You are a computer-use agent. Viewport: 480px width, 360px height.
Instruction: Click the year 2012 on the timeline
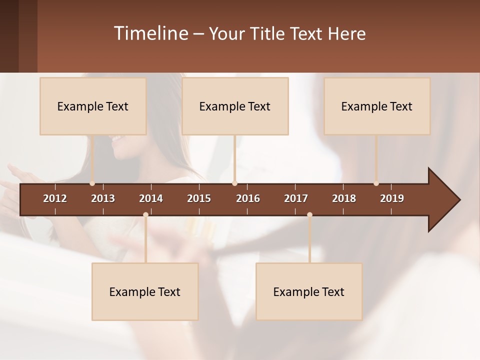55,198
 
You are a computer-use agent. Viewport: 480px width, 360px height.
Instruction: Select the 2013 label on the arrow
103,198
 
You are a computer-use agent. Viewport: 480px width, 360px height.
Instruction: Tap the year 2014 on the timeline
151,198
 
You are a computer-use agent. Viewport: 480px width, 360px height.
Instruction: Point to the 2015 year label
199,198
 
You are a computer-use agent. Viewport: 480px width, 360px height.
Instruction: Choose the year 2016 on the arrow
248,198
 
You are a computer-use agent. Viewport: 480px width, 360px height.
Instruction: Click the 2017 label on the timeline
296,198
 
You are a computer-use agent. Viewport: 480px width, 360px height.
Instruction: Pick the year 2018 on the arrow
344,198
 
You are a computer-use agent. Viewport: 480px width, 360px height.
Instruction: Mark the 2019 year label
392,198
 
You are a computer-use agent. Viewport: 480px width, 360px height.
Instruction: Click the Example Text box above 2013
93,106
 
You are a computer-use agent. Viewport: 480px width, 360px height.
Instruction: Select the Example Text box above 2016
235,106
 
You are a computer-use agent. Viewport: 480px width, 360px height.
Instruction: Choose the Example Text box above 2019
377,106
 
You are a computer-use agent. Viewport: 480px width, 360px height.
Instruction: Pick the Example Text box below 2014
145,291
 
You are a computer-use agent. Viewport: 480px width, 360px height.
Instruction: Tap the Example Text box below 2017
309,291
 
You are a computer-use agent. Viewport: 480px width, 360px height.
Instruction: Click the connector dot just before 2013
92,183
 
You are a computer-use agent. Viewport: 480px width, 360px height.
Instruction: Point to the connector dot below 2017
309,215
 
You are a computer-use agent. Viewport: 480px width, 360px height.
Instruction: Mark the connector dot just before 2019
376,183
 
